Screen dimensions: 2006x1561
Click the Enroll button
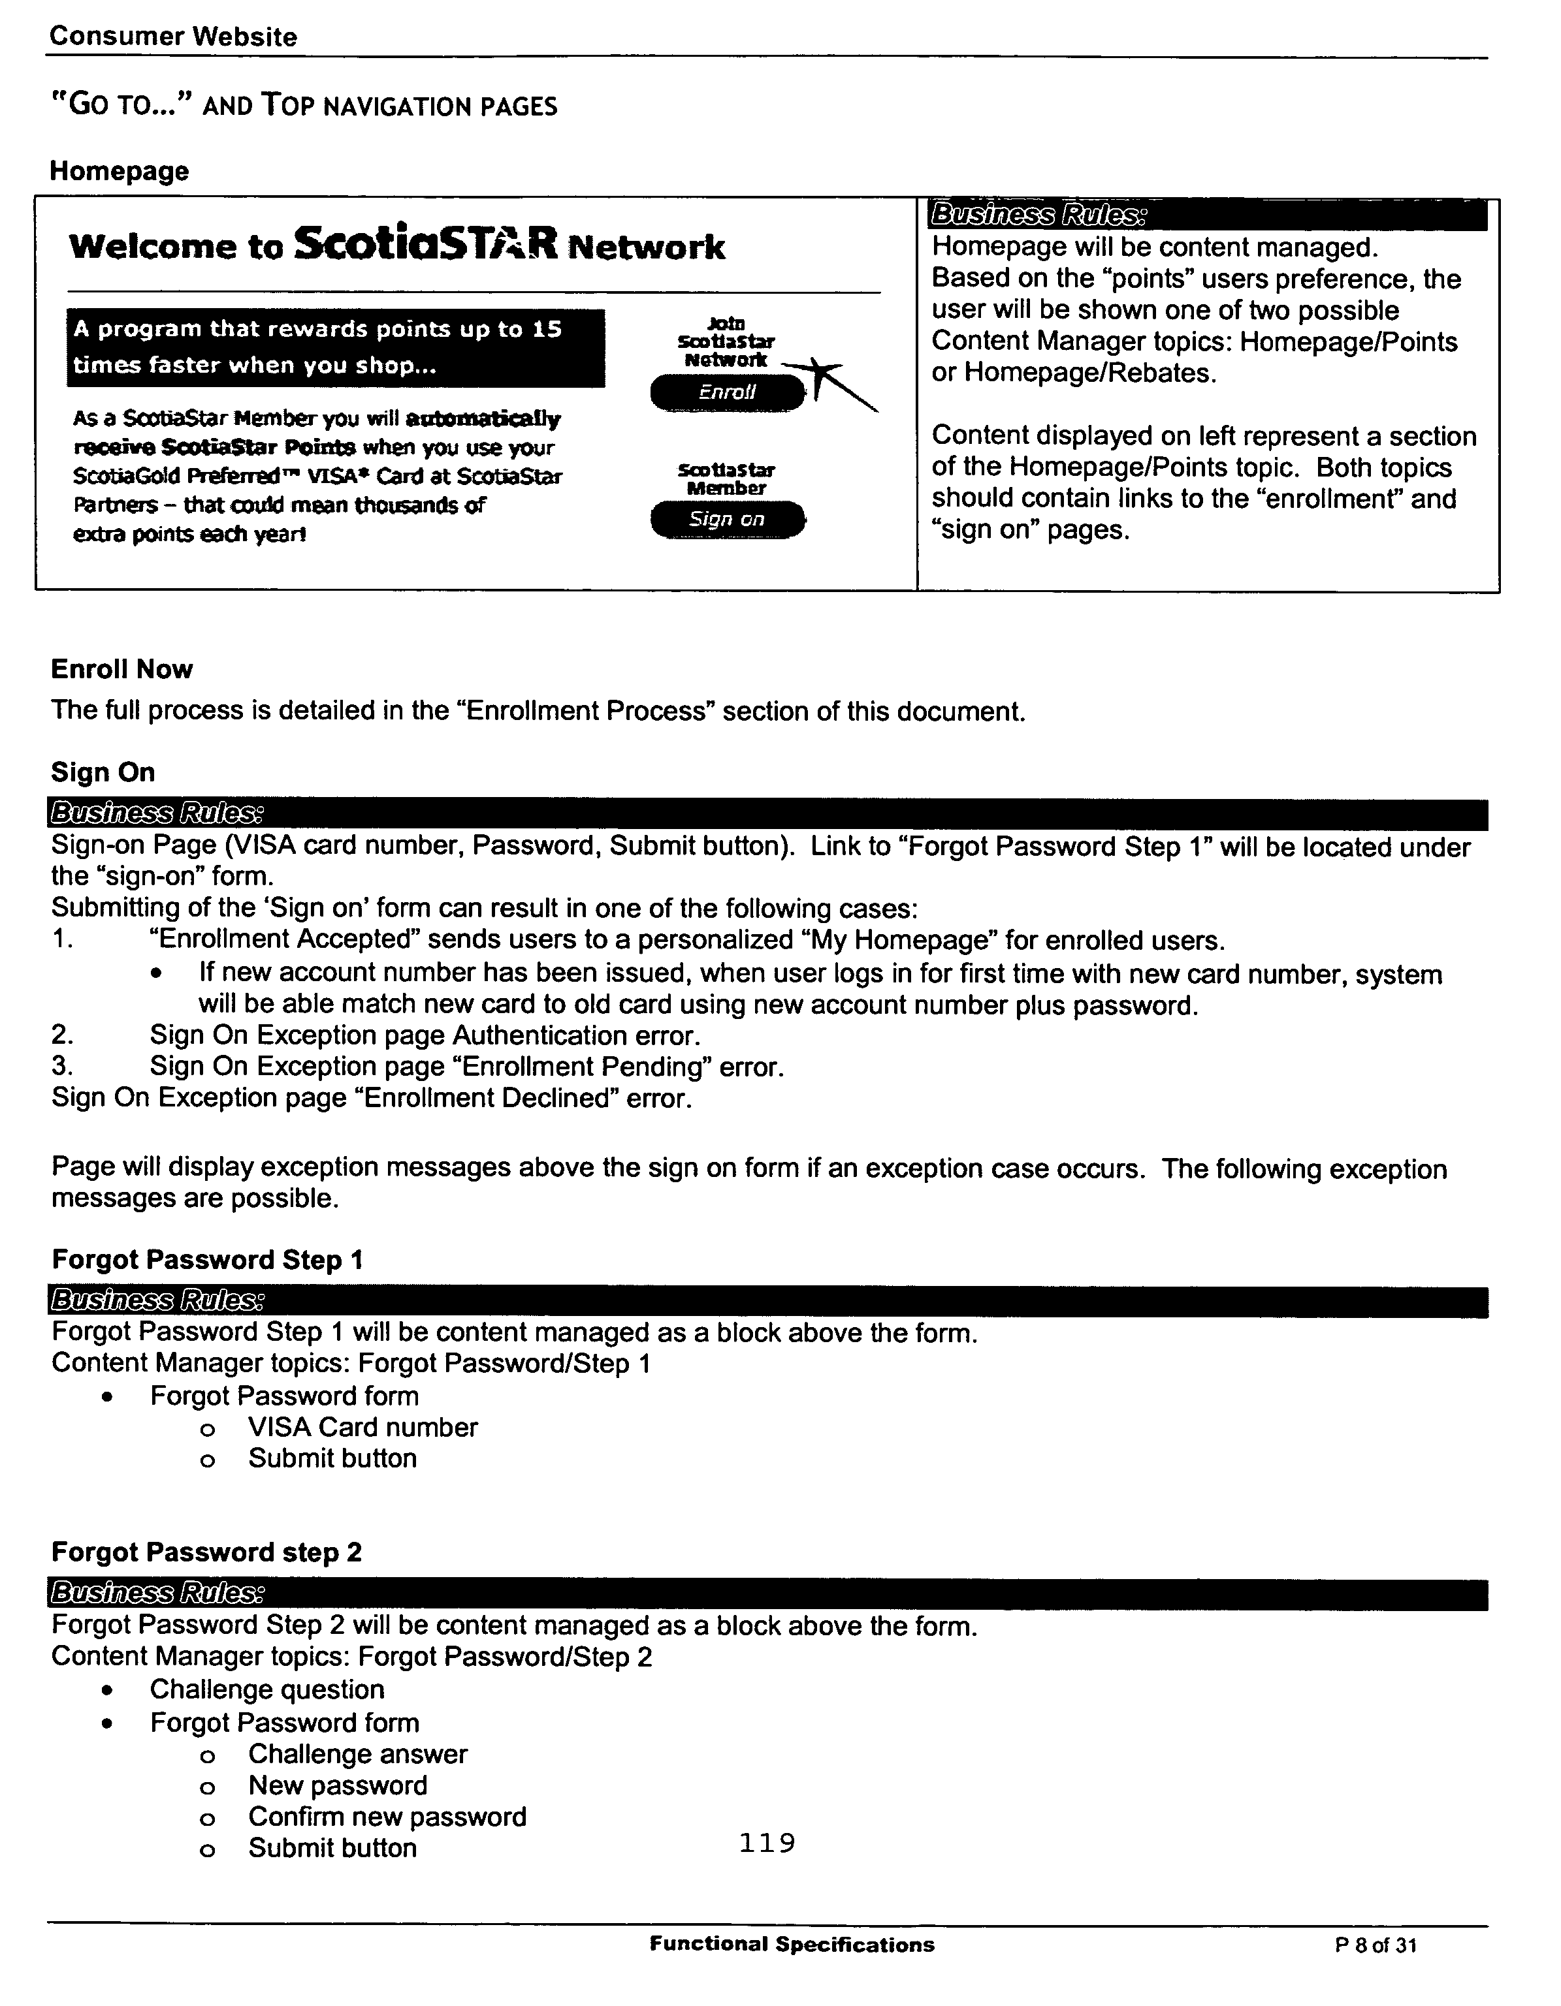727,392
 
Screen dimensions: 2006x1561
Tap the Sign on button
727,520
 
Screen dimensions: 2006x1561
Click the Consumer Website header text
172,37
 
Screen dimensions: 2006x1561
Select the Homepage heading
120,171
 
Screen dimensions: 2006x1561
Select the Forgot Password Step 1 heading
207,1259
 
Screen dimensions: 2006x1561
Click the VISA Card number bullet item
362,1428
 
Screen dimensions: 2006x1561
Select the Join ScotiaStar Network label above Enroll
726,341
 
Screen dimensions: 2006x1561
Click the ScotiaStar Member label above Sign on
726,478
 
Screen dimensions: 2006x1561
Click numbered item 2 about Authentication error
425,1035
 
